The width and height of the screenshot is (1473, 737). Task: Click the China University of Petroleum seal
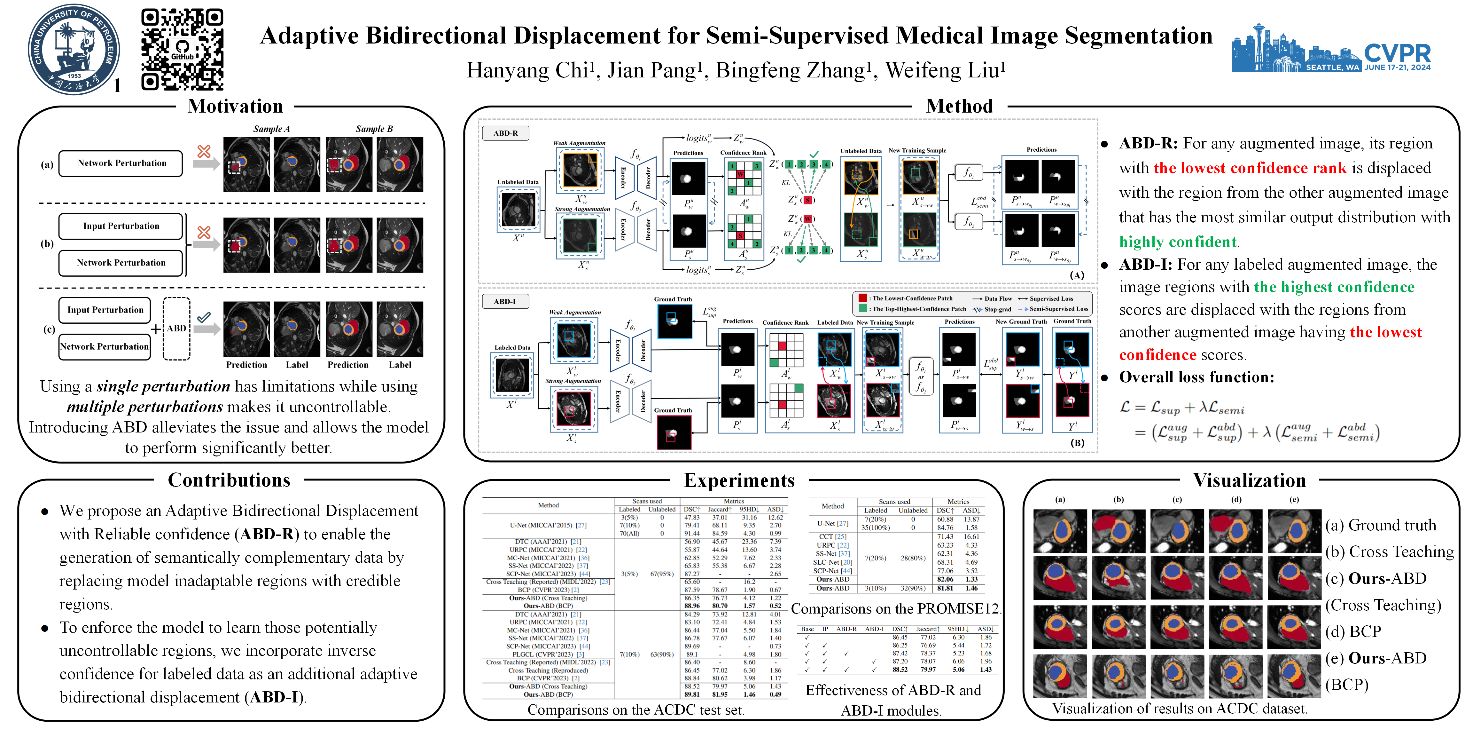[74, 49]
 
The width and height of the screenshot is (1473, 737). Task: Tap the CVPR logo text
[1397, 53]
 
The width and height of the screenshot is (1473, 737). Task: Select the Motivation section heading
[235, 107]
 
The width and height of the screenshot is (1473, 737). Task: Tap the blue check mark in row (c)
[204, 316]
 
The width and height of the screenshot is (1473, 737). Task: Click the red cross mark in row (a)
[204, 151]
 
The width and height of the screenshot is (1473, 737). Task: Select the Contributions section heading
[229, 480]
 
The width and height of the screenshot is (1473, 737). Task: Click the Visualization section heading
[1250, 480]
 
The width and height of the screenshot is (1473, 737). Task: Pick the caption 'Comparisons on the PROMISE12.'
[895, 608]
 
